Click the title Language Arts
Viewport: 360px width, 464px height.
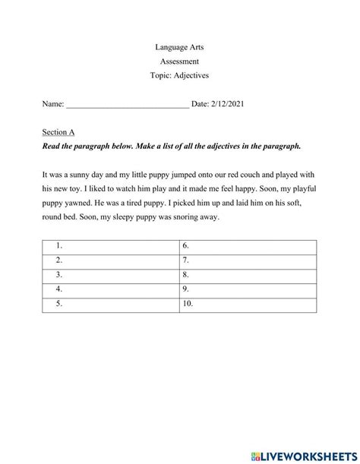(x=179, y=47)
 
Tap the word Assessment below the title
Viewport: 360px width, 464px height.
(x=179, y=62)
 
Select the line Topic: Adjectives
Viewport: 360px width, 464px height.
(x=179, y=76)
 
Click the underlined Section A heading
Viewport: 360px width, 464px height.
(x=58, y=131)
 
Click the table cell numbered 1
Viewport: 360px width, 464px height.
(x=110, y=247)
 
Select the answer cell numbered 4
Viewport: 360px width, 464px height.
(x=110, y=290)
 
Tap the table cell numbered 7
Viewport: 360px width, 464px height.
(x=247, y=261)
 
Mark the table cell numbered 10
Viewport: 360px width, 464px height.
(x=247, y=305)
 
